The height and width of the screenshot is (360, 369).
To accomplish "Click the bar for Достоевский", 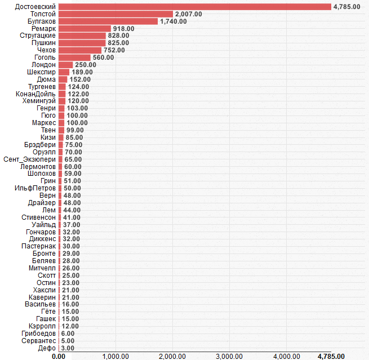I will click(x=194, y=7).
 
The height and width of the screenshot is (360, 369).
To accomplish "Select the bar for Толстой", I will click(x=115, y=14).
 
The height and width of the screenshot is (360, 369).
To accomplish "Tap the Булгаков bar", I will click(x=108, y=21).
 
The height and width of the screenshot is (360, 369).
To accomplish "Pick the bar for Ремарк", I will click(x=85, y=29).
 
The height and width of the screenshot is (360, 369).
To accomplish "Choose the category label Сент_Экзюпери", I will click(x=30, y=159).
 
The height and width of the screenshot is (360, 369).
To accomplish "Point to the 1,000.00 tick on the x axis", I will click(x=115, y=356).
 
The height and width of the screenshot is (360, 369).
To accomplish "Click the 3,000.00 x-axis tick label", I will click(x=229, y=356).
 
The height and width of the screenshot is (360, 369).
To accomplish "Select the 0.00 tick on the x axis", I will click(x=58, y=356).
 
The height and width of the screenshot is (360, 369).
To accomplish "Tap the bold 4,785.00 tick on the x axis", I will click(x=331, y=356).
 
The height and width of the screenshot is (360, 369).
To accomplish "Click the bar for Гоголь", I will click(x=74, y=57).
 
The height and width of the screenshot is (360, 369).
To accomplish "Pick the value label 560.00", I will click(x=103, y=57).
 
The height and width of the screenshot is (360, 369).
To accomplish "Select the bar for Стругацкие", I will click(x=82, y=35).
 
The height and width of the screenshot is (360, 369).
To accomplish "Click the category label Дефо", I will click(x=47, y=348).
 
